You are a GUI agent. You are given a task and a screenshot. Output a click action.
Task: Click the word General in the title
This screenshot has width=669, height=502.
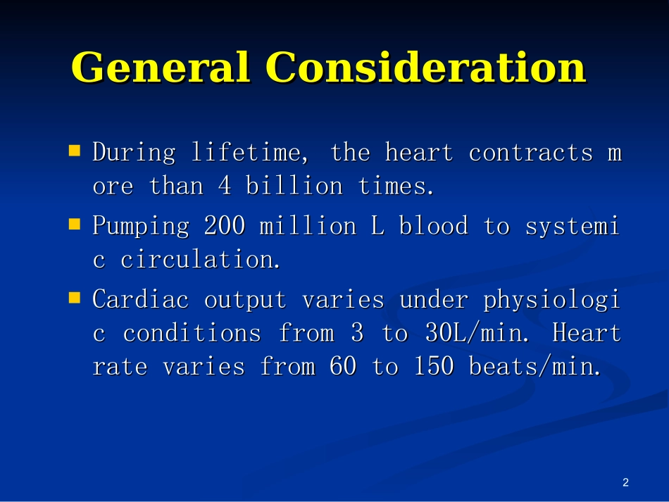(x=161, y=67)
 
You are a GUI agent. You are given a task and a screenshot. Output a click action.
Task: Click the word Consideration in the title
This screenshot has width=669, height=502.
(x=426, y=67)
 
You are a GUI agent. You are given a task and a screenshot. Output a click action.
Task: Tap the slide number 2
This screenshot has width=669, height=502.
(x=625, y=482)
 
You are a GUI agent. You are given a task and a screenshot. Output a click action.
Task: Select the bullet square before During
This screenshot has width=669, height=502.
(x=75, y=151)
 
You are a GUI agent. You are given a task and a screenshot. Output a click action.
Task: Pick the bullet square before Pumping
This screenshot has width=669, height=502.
(x=75, y=225)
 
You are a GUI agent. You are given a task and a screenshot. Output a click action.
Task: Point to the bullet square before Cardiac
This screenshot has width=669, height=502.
(x=75, y=298)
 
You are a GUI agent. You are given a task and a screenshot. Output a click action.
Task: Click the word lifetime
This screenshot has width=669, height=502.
(x=249, y=153)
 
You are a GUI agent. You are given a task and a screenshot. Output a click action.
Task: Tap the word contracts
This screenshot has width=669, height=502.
(x=531, y=153)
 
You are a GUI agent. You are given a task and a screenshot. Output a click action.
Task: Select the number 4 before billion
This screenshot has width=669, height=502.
(x=225, y=186)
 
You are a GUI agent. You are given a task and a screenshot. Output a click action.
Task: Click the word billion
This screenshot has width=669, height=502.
(x=294, y=186)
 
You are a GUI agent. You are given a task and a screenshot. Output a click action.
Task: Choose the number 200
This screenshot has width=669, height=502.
(x=225, y=225)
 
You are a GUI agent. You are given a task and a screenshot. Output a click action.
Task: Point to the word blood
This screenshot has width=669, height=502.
(x=434, y=225)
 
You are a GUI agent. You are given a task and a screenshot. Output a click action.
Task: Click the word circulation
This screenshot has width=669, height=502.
(x=200, y=259)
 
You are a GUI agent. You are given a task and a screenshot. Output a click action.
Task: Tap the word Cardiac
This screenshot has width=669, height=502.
(x=140, y=299)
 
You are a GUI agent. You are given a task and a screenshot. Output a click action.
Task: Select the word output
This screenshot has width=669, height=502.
(x=245, y=300)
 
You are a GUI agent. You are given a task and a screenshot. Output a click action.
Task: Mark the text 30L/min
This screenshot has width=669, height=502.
(x=477, y=333)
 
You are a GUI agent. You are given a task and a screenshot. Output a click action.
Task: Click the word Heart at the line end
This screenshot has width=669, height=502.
(x=587, y=333)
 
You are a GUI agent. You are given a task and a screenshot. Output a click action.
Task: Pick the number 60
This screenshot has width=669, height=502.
(x=343, y=366)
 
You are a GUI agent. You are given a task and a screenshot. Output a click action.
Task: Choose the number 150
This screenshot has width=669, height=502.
(x=434, y=366)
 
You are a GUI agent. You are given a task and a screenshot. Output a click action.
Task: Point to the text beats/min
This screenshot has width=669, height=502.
(x=534, y=366)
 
